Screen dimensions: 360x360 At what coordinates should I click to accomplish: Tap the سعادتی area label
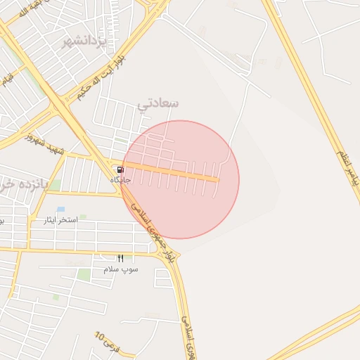click(158, 103)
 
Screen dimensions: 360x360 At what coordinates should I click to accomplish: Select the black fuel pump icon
click(120, 169)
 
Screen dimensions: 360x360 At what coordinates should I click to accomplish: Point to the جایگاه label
click(120, 180)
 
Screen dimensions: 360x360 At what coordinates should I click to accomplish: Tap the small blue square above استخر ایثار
click(60, 209)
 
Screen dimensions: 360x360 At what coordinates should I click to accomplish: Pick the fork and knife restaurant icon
click(120, 259)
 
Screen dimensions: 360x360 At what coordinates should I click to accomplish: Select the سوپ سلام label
click(121, 269)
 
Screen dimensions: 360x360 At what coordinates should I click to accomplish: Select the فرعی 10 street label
click(109, 342)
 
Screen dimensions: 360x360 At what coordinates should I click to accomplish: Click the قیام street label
click(7, 77)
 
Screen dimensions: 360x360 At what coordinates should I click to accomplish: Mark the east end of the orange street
click(217, 180)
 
